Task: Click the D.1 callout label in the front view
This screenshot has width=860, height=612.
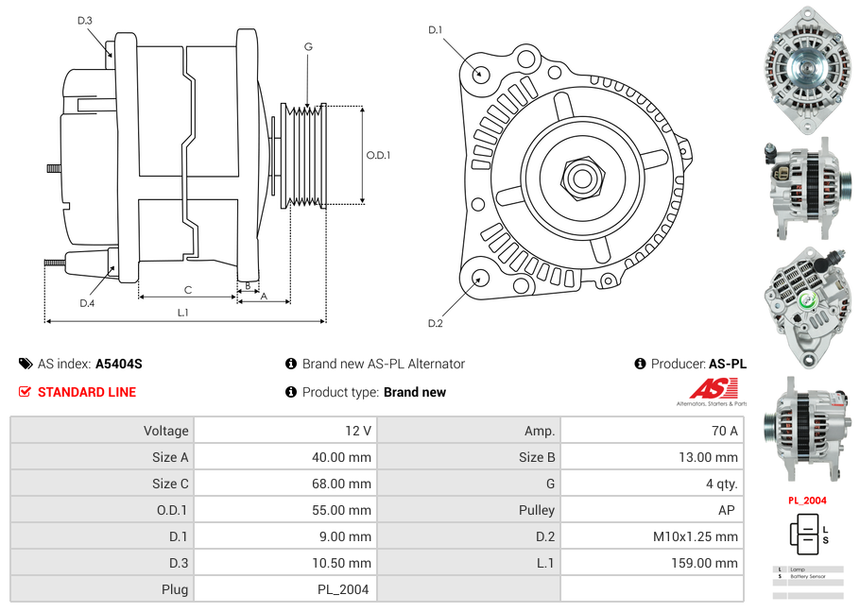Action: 435,30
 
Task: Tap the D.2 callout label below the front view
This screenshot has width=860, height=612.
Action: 436,323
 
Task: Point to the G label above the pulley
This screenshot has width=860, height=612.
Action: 308,46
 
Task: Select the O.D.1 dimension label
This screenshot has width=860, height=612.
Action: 378,156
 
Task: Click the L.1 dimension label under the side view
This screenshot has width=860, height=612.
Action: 183,313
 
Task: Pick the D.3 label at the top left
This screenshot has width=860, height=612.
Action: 85,20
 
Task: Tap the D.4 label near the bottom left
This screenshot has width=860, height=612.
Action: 87,302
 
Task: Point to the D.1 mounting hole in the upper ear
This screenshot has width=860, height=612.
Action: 481,73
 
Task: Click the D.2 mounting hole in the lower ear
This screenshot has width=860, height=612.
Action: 480,278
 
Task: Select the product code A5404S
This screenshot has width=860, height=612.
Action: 119,364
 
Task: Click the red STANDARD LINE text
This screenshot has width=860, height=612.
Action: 87,392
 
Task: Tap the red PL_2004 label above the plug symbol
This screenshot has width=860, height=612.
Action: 807,501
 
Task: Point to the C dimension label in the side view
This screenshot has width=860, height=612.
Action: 187,290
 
